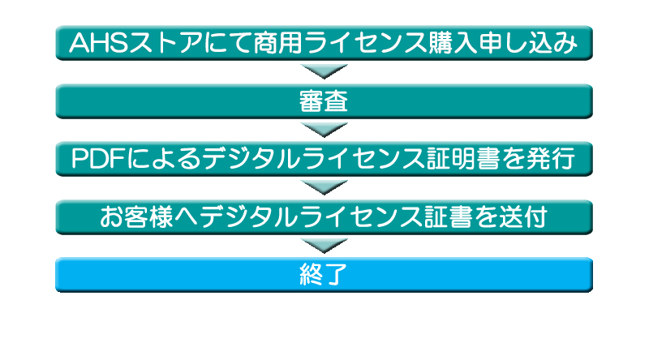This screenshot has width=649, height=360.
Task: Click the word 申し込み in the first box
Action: click(527, 42)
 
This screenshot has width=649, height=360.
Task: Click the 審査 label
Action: click(324, 101)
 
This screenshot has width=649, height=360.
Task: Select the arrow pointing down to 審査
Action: click(324, 71)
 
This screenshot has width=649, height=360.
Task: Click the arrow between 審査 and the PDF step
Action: click(324, 129)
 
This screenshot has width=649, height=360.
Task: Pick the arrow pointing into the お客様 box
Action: click(324, 187)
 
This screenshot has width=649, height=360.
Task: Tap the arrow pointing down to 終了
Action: click(324, 245)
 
